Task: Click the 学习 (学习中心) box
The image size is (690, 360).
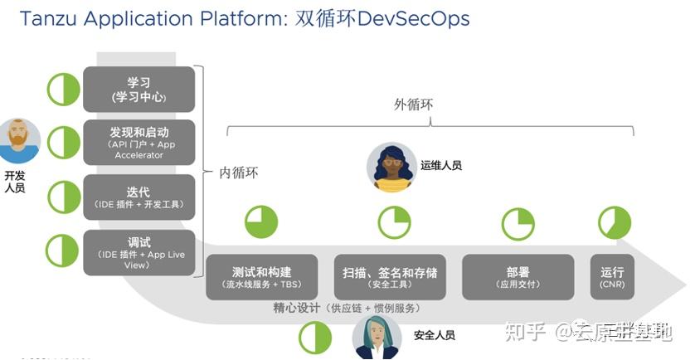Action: [138, 90]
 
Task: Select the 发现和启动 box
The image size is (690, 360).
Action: [138, 143]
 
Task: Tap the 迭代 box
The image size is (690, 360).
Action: [138, 197]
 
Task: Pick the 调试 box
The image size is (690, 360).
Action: [138, 252]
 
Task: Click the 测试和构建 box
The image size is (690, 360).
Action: [261, 277]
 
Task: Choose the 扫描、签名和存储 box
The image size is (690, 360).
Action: [389, 277]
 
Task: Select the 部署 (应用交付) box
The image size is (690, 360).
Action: [517, 277]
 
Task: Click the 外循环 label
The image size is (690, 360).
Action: [414, 105]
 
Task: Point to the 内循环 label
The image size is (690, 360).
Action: [239, 173]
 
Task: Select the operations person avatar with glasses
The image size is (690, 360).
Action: [391, 167]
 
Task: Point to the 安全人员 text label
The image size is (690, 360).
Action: [434, 335]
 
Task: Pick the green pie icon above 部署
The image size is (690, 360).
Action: [517, 224]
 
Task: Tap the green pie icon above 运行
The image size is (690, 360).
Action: [615, 222]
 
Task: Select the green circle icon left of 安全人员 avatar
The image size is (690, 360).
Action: [315, 338]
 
